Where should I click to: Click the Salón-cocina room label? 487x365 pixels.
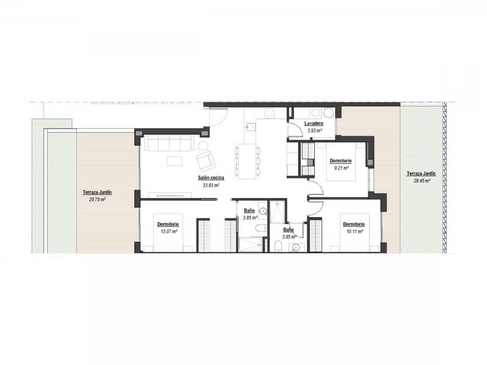[211, 178]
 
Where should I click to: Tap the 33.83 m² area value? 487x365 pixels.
[211, 185]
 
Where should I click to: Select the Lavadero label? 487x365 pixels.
[314, 124]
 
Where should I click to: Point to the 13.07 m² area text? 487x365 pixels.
[168, 231]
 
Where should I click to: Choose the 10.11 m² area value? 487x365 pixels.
[353, 231]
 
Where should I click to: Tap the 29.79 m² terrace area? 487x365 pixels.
[97, 199]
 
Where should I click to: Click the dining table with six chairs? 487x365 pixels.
[247, 161]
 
